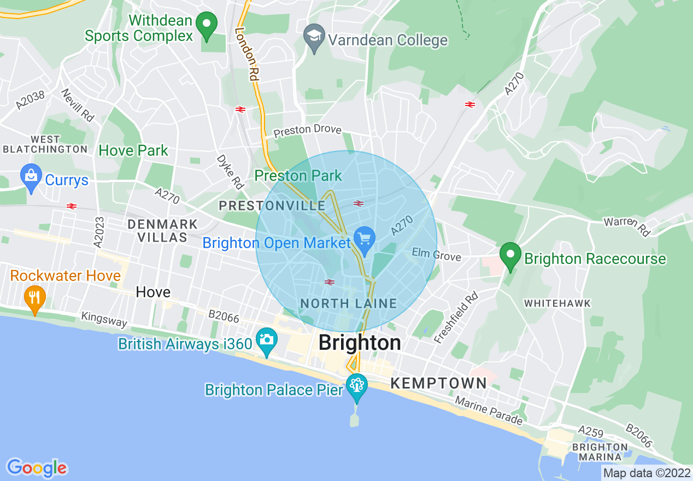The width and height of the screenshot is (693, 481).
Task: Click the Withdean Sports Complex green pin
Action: click(207, 24)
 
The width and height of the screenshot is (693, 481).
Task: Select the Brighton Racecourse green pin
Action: click(510, 255)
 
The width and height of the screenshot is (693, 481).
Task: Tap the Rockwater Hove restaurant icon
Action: click(35, 297)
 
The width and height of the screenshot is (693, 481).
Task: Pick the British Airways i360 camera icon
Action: click(266, 339)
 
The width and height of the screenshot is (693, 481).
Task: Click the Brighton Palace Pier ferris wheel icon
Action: click(356, 385)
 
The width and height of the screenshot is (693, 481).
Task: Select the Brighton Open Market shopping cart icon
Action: click(364, 238)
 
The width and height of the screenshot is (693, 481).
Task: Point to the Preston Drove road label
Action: click(307, 131)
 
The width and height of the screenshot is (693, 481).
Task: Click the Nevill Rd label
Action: click(77, 105)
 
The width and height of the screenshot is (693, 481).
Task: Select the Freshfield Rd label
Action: click(456, 318)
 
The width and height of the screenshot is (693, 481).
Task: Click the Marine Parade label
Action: click(490, 412)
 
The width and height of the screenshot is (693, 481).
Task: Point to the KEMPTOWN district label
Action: click(438, 383)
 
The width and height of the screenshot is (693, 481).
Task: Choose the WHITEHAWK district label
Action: click(557, 303)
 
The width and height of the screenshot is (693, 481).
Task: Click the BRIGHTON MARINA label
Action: click(600, 452)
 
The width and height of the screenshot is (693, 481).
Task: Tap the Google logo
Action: click(37, 468)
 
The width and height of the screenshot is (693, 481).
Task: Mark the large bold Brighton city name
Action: click(360, 343)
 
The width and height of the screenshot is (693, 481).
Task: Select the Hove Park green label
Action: click(133, 150)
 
